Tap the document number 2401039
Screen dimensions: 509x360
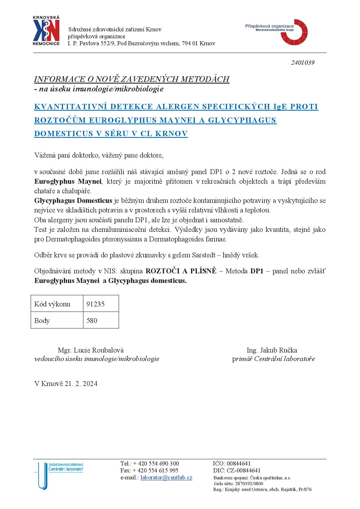click(303, 63)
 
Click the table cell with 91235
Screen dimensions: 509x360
click(101, 304)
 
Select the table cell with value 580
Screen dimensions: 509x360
click(101, 320)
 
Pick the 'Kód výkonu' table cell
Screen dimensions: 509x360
click(57, 304)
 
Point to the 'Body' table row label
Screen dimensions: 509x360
click(57, 320)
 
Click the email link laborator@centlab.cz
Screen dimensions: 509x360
click(166, 477)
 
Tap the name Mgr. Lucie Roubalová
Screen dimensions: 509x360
click(91, 350)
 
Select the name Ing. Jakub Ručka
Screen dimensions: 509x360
click(272, 350)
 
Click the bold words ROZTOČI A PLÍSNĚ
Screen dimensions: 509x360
click(181, 271)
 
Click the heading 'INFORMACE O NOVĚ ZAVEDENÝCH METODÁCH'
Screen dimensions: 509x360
click(132, 79)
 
